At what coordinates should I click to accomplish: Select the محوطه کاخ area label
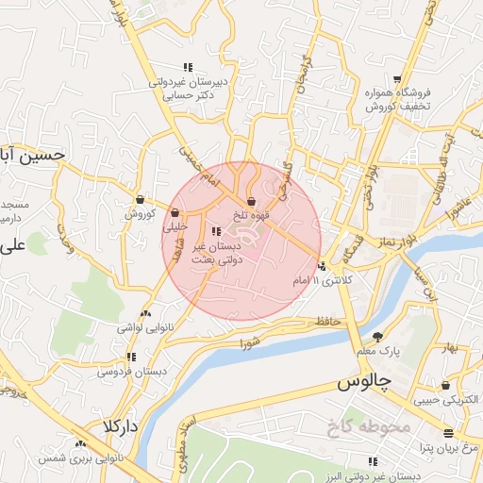(x=366, y=428)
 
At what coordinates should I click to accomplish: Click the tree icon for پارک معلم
(x=378, y=337)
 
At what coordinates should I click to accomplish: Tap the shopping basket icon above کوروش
(x=140, y=199)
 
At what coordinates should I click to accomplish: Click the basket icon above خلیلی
(x=175, y=212)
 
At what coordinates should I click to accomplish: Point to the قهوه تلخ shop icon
(x=251, y=201)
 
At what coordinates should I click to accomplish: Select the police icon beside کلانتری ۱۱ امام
(x=323, y=266)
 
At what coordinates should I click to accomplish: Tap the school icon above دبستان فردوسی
(x=130, y=357)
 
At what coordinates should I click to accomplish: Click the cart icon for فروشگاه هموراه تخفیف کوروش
(x=398, y=79)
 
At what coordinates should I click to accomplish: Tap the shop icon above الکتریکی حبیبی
(x=444, y=385)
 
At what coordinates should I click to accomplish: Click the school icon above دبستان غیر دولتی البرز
(x=373, y=461)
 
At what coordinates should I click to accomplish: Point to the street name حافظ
(x=327, y=322)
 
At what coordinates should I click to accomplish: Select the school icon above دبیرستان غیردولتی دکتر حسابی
(x=188, y=67)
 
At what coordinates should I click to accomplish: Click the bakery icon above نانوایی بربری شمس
(x=80, y=443)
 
